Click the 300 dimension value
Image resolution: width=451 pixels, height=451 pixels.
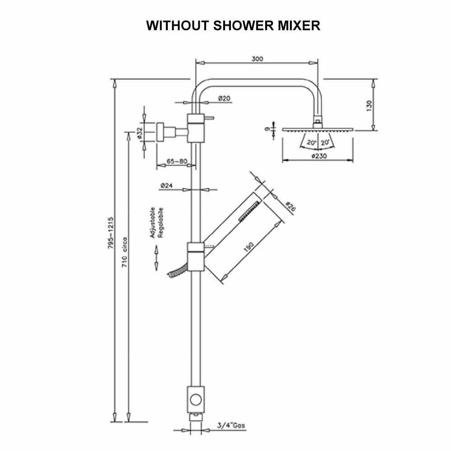258,59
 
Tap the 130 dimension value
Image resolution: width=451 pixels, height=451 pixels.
369,105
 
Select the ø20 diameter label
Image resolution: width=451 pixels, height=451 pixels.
224,98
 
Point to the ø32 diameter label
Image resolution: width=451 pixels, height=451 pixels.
140,133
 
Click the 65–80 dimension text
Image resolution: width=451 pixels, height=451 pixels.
176,161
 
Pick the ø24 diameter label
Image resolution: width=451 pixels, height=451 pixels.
166,185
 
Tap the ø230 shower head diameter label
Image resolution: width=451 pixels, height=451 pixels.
319,156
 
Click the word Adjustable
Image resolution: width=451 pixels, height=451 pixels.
153,222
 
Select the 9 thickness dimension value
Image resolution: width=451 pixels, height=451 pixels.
267,129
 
